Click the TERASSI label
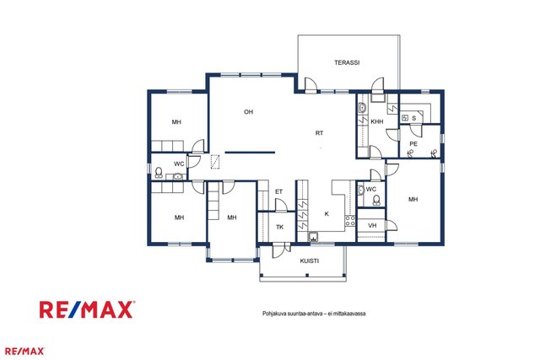(x=347, y=62)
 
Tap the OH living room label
(x=248, y=112)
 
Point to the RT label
(x=319, y=133)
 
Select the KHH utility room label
(x=377, y=121)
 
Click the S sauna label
(x=414, y=118)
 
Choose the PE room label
(x=413, y=144)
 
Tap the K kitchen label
(x=327, y=214)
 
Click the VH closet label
(x=372, y=226)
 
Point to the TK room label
(x=279, y=227)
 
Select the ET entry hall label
(x=278, y=191)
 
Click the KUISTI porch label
(x=310, y=261)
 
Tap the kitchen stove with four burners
(x=350, y=221)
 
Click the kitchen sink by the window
(x=313, y=236)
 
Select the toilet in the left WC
(x=159, y=172)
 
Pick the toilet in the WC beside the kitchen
(x=376, y=201)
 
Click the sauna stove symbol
(x=405, y=118)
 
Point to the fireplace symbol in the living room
(x=215, y=162)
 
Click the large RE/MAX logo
(x=87, y=309)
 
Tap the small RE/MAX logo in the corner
(x=24, y=352)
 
